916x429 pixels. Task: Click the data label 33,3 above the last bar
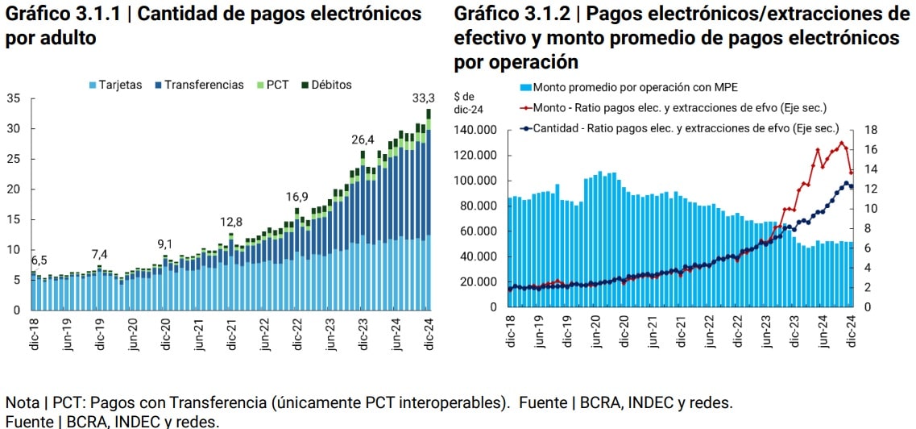[424, 98]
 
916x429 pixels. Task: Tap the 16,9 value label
[296, 197]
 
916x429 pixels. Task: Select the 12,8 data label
[231, 222]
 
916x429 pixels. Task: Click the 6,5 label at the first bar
[39, 260]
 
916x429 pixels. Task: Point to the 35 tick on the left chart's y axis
[13, 98]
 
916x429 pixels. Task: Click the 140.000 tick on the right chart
[475, 130]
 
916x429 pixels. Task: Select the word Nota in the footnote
[19, 402]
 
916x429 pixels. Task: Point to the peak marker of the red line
[841, 143]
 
